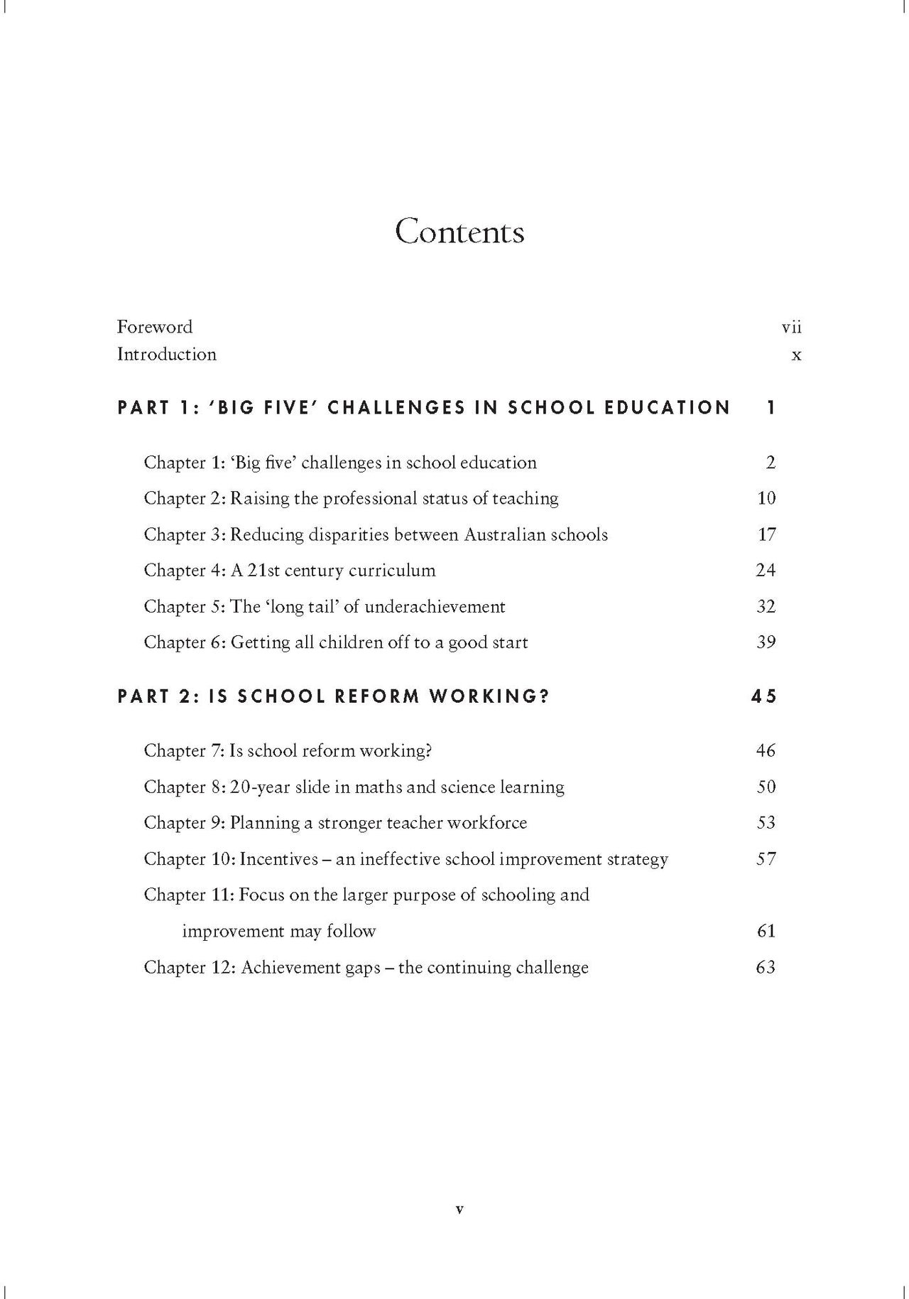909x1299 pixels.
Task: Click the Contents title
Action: [459, 232]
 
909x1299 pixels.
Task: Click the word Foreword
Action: [155, 327]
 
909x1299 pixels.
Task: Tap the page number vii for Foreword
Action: [791, 327]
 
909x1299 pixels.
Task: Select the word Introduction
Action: [167, 354]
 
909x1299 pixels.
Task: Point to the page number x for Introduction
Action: [796, 355]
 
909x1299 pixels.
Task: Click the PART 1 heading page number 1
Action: [771, 408]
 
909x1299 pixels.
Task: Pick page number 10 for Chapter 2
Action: [766, 498]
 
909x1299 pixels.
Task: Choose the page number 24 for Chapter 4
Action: [766, 570]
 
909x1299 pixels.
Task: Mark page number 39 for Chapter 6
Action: [766, 642]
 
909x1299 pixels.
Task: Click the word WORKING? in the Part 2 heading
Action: [489, 696]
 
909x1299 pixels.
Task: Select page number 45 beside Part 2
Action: [764, 696]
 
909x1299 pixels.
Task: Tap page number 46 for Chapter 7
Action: [766, 750]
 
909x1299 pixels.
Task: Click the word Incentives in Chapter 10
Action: [278, 859]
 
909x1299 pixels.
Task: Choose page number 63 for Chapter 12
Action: [766, 967]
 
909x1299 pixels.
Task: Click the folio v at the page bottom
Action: [459, 1209]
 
